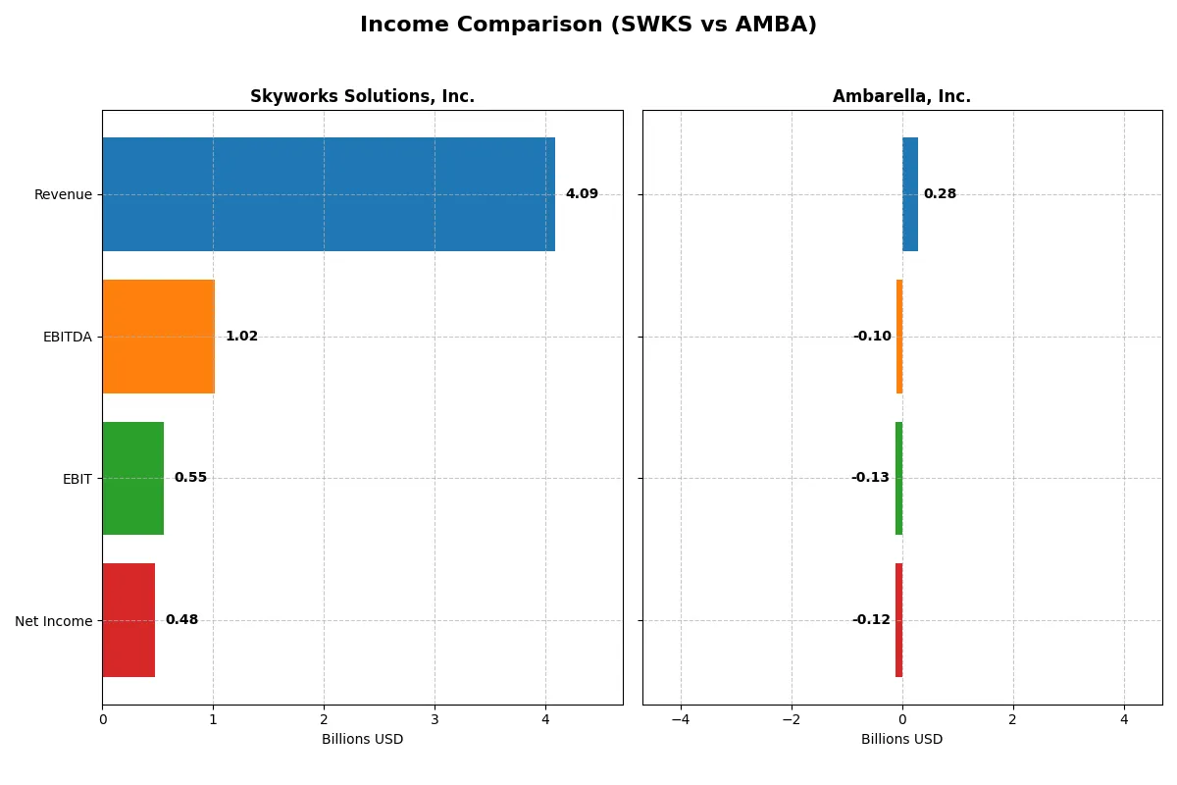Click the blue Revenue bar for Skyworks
[x=329, y=194]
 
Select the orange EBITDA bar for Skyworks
[x=158, y=337]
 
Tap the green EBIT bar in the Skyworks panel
[x=132, y=478]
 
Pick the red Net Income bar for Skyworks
[x=128, y=620]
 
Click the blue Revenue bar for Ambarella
[x=910, y=194]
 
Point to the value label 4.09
[x=582, y=194]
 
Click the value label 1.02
[x=241, y=337]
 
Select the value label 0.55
[x=190, y=478]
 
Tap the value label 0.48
[x=181, y=620]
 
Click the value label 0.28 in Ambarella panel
[x=940, y=194]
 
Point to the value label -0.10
[x=872, y=337]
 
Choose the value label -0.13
[x=870, y=478]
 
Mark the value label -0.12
[x=871, y=620]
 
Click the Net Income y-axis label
[x=54, y=621]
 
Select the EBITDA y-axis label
[x=68, y=337]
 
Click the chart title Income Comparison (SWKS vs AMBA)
[x=588, y=25]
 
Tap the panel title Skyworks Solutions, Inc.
[x=362, y=96]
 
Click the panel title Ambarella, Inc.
[x=901, y=96]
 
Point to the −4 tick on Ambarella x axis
[x=681, y=719]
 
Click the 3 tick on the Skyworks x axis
[x=435, y=719]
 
